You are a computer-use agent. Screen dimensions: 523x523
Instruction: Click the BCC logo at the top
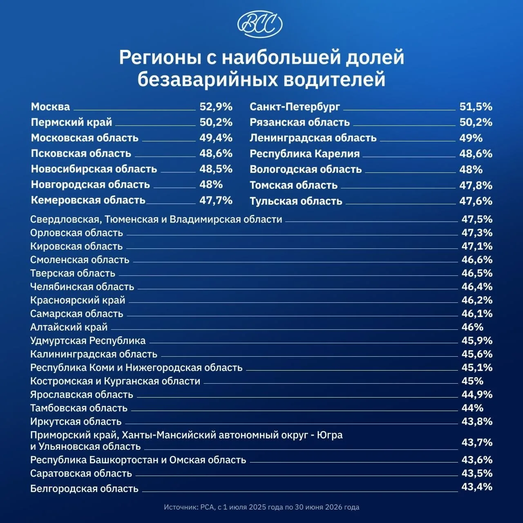[x=260, y=24]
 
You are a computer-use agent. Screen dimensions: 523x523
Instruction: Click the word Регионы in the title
[x=161, y=57]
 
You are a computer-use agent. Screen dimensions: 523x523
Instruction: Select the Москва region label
[x=51, y=107]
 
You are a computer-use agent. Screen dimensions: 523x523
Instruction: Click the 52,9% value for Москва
[x=216, y=107]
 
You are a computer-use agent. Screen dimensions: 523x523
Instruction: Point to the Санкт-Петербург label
[x=295, y=107]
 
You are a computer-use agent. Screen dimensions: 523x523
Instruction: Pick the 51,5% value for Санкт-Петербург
[x=476, y=107]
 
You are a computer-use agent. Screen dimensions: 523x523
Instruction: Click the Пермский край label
[x=72, y=123]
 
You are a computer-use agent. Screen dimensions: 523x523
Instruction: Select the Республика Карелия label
[x=304, y=154]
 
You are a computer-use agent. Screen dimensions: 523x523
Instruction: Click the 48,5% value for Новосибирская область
[x=216, y=169]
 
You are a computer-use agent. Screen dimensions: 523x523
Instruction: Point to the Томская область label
[x=294, y=186]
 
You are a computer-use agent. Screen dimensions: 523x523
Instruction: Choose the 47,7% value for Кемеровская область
[x=216, y=200]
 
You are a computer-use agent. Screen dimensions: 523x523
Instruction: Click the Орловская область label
[x=76, y=233]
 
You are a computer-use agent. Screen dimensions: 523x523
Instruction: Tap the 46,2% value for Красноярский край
[x=477, y=300]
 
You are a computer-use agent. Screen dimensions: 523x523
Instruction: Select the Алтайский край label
[x=69, y=327]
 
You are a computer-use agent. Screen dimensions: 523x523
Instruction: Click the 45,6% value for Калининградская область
[x=477, y=354]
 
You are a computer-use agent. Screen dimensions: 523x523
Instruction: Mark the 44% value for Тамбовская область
[x=472, y=408]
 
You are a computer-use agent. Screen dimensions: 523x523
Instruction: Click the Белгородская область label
[x=85, y=489]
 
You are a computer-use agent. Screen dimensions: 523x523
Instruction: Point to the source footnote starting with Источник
[x=261, y=507]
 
